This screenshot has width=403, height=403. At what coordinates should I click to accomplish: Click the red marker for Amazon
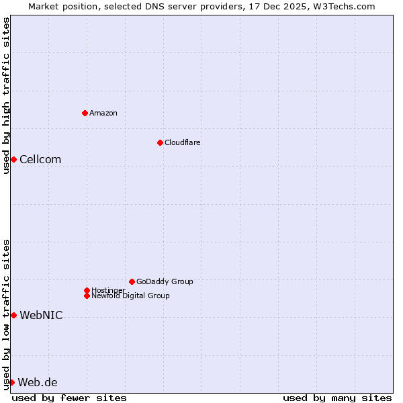(x=85, y=113)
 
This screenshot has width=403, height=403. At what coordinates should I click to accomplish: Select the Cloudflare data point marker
(x=160, y=142)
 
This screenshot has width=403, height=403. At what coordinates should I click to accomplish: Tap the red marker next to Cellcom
(x=13, y=159)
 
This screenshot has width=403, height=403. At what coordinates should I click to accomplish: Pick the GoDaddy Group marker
(x=132, y=281)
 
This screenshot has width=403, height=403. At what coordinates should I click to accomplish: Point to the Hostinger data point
(x=87, y=290)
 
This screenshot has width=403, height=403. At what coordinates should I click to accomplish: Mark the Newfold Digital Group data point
(x=87, y=296)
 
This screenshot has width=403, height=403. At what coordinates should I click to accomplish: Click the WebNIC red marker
(x=13, y=315)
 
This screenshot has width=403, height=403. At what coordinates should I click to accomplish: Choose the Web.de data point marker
(x=11, y=382)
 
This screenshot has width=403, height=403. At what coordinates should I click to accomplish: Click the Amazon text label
(x=103, y=113)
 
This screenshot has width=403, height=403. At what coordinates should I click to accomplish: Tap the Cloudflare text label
(x=183, y=142)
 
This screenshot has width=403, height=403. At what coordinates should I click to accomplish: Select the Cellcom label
(x=40, y=159)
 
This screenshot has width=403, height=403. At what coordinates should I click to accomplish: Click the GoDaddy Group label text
(x=165, y=281)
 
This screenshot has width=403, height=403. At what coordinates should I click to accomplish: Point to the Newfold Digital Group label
(x=131, y=296)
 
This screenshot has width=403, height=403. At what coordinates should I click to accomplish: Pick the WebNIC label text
(x=41, y=315)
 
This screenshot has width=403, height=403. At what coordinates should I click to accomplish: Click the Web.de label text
(x=38, y=382)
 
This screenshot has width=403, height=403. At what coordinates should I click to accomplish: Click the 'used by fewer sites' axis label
(x=69, y=398)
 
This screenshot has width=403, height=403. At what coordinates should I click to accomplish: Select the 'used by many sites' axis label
(x=337, y=398)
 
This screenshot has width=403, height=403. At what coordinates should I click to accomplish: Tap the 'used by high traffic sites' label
(x=6, y=95)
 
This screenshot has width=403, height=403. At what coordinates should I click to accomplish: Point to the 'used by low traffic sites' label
(x=6, y=314)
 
